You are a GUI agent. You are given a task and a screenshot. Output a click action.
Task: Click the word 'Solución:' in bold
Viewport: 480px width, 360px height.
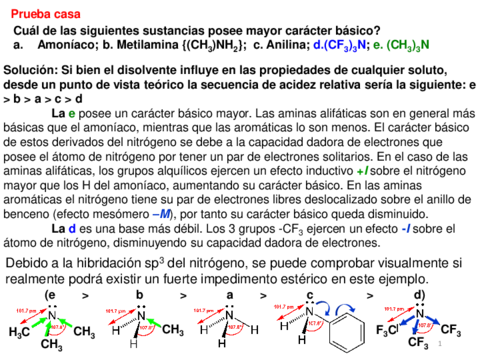click(x=31, y=72)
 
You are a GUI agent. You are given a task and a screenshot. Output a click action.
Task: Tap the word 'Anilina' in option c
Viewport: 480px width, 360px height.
click(x=289, y=45)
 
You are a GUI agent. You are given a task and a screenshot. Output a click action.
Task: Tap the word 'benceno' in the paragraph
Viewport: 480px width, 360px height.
click(x=29, y=214)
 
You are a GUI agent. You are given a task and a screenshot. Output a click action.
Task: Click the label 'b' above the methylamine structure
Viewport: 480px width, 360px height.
click(x=140, y=296)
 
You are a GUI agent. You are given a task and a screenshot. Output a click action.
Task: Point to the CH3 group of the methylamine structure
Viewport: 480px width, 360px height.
click(x=172, y=329)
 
